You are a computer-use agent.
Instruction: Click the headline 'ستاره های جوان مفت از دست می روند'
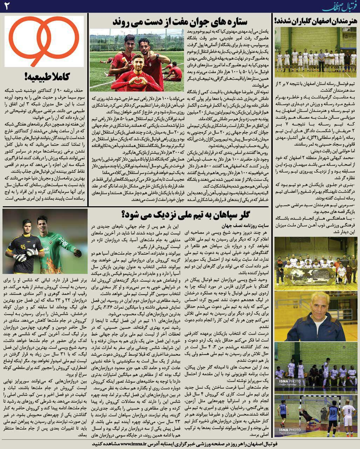180,21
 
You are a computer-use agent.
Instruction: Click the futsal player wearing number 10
333,414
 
